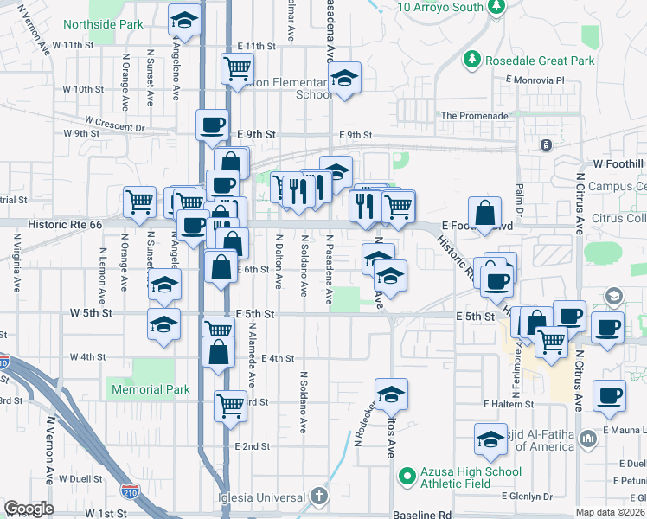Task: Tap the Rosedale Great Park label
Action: [540, 61]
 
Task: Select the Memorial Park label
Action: [151, 390]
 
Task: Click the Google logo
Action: [29, 509]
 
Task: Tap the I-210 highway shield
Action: [130, 492]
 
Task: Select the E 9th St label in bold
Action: [255, 135]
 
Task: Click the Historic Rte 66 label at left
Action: [65, 224]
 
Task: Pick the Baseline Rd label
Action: [422, 514]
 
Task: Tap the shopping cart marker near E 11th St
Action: [236, 67]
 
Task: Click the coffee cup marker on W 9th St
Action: [212, 125]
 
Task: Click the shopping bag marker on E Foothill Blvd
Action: [485, 212]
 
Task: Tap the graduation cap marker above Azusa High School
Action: [490, 438]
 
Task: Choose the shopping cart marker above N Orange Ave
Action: [138, 202]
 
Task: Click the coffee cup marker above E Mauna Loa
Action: [610, 394]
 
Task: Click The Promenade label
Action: [474, 116]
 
